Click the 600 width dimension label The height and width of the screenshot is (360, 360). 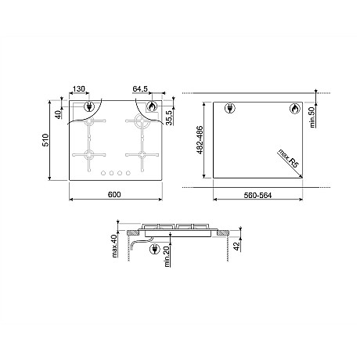pos(114,195)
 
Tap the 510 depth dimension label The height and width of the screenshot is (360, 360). pos(45,140)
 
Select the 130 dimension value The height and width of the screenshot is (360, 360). pos(79,89)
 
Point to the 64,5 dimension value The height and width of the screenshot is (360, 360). pos(140,89)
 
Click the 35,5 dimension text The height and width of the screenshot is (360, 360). pos(170,118)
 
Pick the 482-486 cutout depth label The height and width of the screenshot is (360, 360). pos(200,140)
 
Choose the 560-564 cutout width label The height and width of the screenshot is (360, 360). pos(257,196)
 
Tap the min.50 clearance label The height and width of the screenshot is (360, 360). pos(313,117)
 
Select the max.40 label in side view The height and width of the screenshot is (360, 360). pos(114,246)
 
